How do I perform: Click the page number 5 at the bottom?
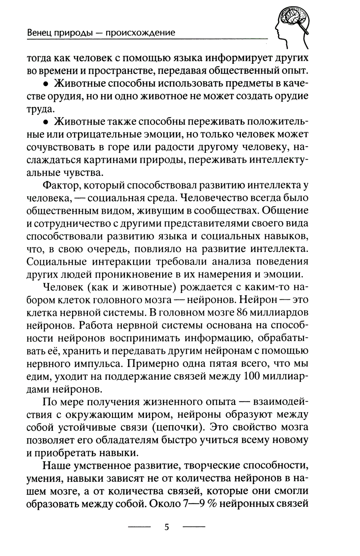pos(166,528)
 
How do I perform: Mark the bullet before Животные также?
pos(46,122)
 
